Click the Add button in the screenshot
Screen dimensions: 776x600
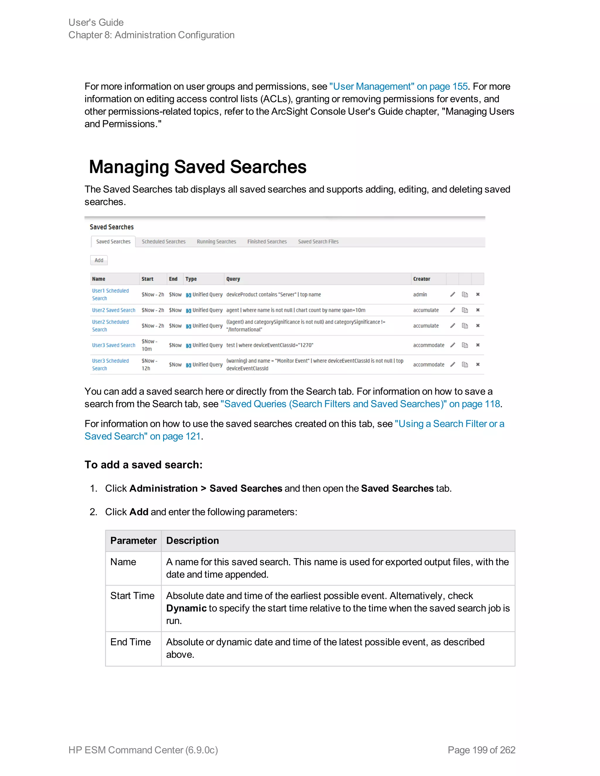click(99, 260)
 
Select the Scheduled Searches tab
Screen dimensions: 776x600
click(163, 242)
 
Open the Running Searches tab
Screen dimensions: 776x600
click(216, 242)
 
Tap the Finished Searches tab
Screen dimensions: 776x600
click(267, 242)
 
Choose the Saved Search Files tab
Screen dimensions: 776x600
click(318, 242)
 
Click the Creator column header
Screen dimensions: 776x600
click(422, 279)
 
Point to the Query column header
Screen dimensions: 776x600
click(233, 279)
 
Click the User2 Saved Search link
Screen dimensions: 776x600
click(114, 310)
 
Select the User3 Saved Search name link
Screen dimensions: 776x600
click(114, 345)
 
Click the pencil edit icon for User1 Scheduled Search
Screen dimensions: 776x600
click(452, 294)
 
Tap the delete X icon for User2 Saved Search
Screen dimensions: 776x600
click(478, 310)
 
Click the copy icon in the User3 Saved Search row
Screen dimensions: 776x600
click(465, 345)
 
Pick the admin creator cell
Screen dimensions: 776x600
click(420, 295)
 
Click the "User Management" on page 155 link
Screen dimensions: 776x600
click(398, 86)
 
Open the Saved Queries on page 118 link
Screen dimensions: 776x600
click(360, 404)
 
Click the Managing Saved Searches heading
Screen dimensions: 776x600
click(198, 167)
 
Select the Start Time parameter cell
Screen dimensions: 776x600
click(132, 596)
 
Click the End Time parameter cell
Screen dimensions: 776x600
click(130, 642)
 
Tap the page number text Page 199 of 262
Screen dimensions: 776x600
click(481, 750)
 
